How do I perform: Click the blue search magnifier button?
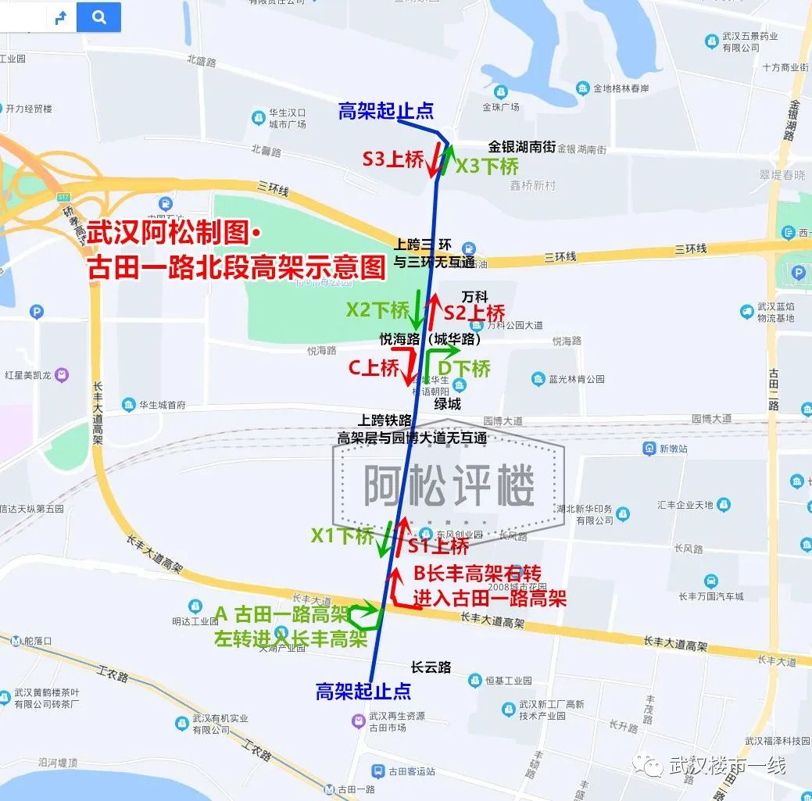(x=98, y=17)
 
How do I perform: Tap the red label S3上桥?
(x=392, y=159)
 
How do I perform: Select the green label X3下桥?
(x=487, y=166)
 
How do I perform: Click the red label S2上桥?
(x=474, y=313)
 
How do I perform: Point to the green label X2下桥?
(x=377, y=310)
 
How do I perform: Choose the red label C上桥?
(x=374, y=368)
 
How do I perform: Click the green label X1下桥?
(x=342, y=535)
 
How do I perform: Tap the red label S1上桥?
(x=438, y=545)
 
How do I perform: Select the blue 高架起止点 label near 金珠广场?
(x=385, y=111)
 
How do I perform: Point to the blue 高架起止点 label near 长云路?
(x=363, y=691)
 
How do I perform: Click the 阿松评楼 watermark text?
(x=449, y=487)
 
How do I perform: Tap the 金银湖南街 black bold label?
(x=521, y=146)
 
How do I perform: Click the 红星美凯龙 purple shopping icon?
(x=62, y=375)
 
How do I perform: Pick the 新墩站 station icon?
(x=649, y=449)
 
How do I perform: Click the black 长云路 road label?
(x=431, y=667)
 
